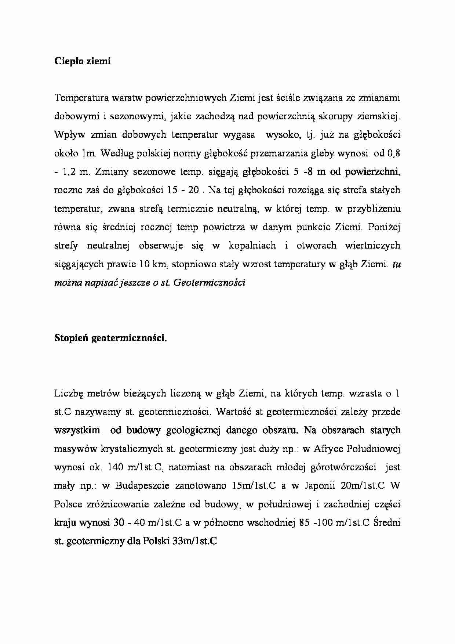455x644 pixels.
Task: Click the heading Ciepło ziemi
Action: click(x=82, y=61)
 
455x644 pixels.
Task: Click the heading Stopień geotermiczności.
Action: click(x=110, y=339)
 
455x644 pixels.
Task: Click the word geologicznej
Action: click(x=193, y=430)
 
